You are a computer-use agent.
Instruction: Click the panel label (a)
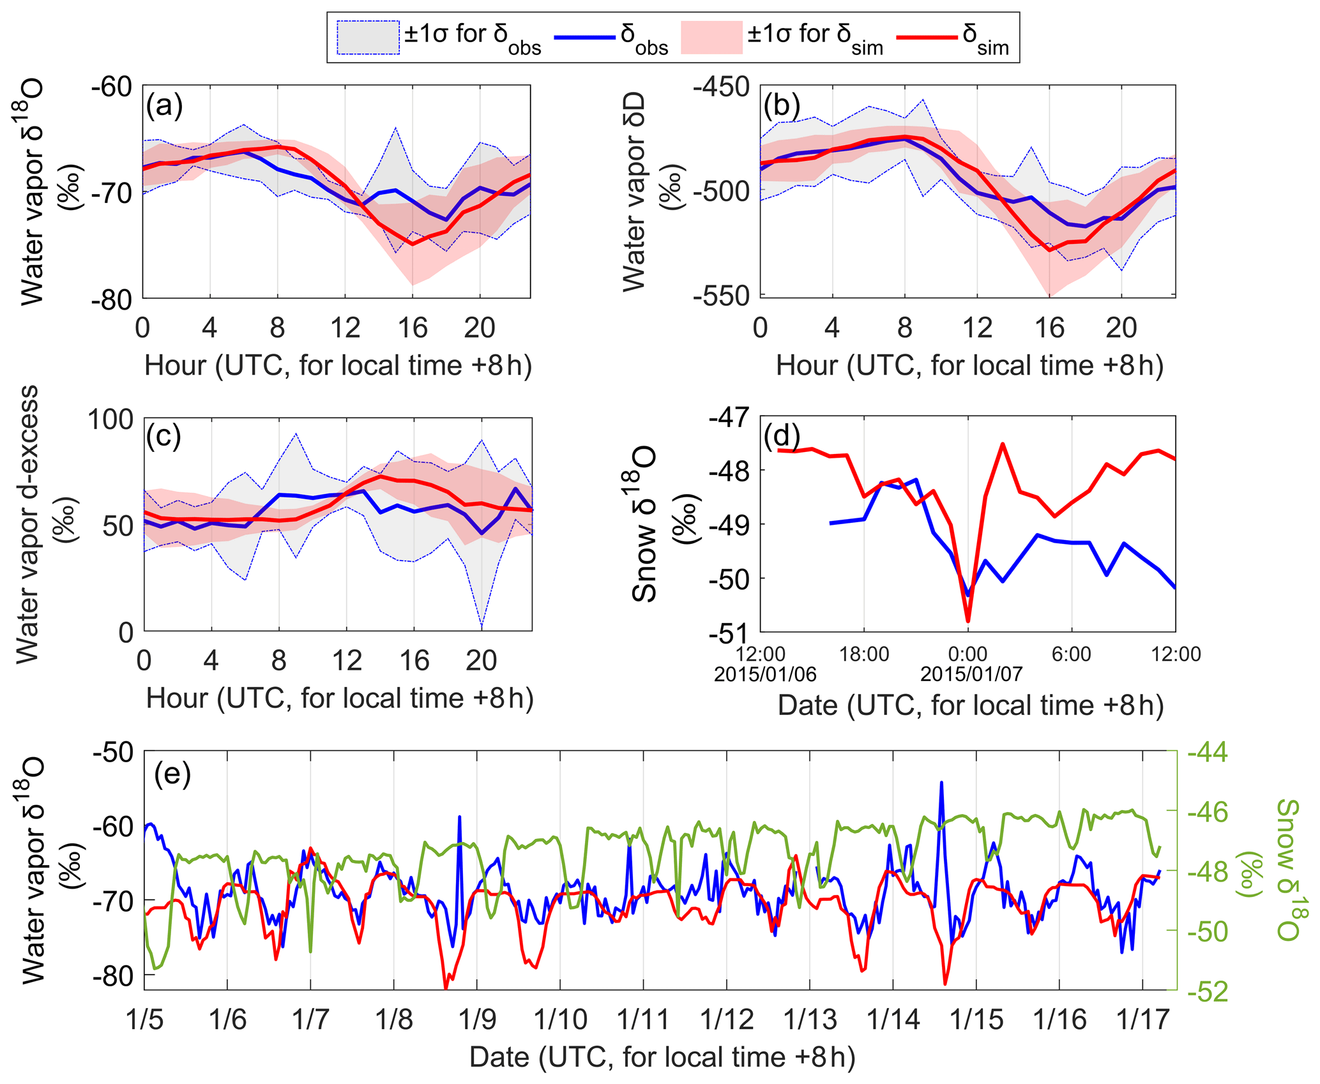pyautogui.click(x=165, y=105)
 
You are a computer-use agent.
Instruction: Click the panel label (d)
pyautogui.click(x=782, y=436)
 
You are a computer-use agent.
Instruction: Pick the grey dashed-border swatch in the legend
pyautogui.click(x=368, y=38)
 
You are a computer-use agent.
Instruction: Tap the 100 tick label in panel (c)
pyautogui.click(x=110, y=419)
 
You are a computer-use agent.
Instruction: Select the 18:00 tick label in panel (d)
pyautogui.click(x=863, y=654)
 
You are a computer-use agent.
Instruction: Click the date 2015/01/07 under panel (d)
pyautogui.click(x=971, y=674)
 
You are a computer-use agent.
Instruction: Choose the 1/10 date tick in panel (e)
pyautogui.click(x=560, y=1020)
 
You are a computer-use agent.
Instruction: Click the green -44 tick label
pyautogui.click(x=1207, y=753)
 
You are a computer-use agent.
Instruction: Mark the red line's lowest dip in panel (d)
pyautogui.click(x=968, y=621)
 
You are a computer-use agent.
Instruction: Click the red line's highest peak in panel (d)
pyautogui.click(x=1003, y=444)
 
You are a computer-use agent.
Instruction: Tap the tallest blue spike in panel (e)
pyautogui.click(x=941, y=782)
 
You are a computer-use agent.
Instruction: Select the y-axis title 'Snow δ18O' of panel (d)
pyautogui.click(x=645, y=523)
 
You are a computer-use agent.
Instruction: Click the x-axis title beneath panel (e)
pyautogui.click(x=662, y=1057)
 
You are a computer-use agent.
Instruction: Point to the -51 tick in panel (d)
pyautogui.click(x=728, y=634)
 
